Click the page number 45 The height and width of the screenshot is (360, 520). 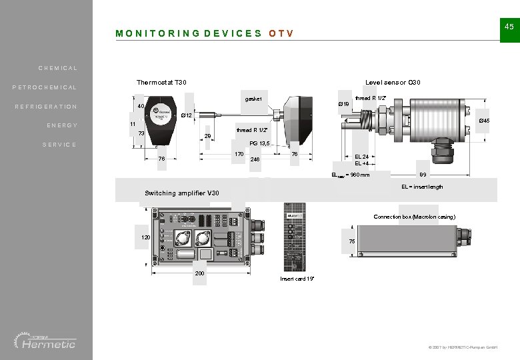pos(509,26)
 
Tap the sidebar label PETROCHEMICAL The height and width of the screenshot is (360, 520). pos(45,87)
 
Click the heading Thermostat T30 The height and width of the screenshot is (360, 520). pos(161,83)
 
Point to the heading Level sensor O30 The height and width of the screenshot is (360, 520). pos(393,83)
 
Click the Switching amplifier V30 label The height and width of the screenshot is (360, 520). pos(181,193)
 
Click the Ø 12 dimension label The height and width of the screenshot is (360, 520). pos(187,115)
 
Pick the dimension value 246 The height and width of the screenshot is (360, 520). pos(254,159)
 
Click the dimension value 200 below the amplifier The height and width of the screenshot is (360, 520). pos(199,273)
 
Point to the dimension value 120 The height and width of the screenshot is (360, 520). pos(145,238)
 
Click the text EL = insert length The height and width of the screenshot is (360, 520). pos(422,187)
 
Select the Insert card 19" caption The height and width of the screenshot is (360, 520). pos(297,278)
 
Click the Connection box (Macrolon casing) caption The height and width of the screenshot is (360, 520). pos(414,217)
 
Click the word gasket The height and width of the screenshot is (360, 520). pos(253,99)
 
